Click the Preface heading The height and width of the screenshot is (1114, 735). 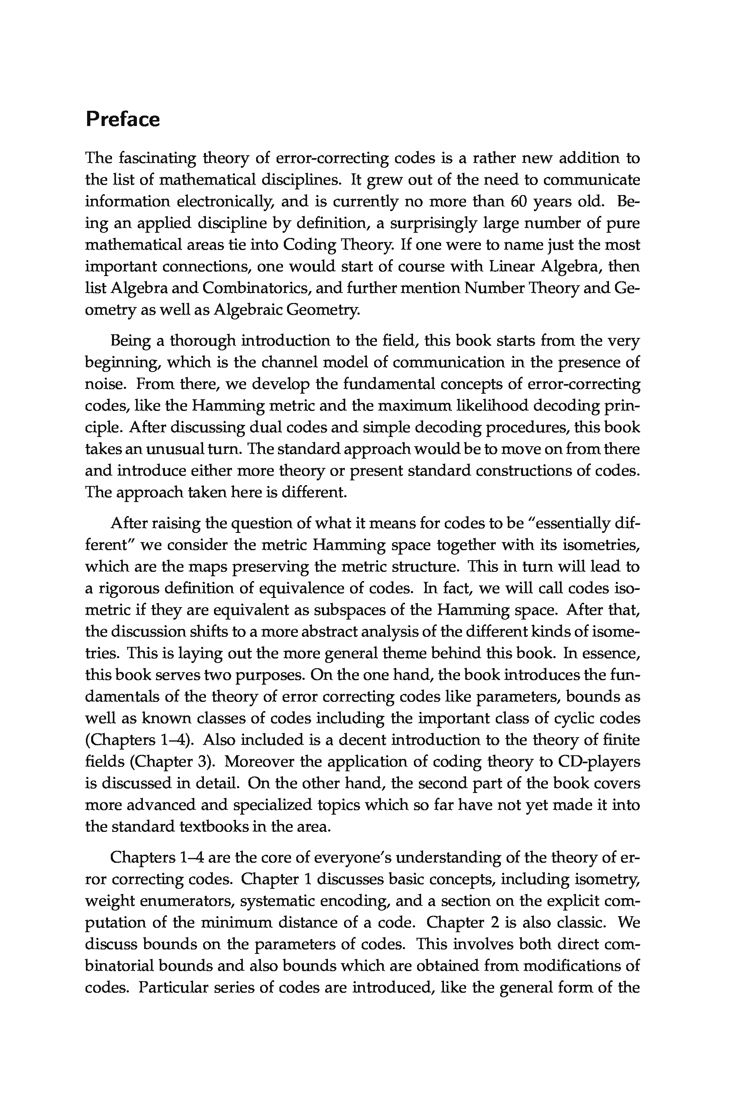coord(122,120)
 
